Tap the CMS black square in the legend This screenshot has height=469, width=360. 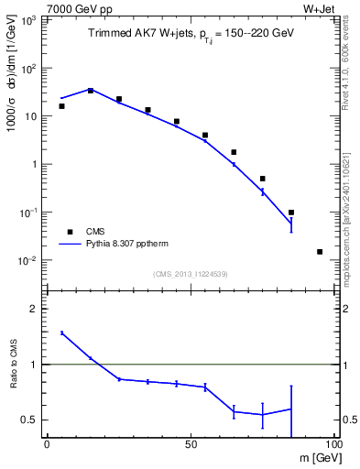[68, 232]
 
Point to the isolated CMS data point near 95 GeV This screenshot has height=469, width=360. [320, 251]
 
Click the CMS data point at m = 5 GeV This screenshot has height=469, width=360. [61, 106]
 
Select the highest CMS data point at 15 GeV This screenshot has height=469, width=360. [90, 90]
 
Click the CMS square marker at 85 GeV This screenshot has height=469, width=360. [291, 213]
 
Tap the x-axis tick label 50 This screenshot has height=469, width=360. [191, 444]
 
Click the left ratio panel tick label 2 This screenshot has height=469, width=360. [36, 309]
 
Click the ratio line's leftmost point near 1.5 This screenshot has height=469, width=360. [61, 333]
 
